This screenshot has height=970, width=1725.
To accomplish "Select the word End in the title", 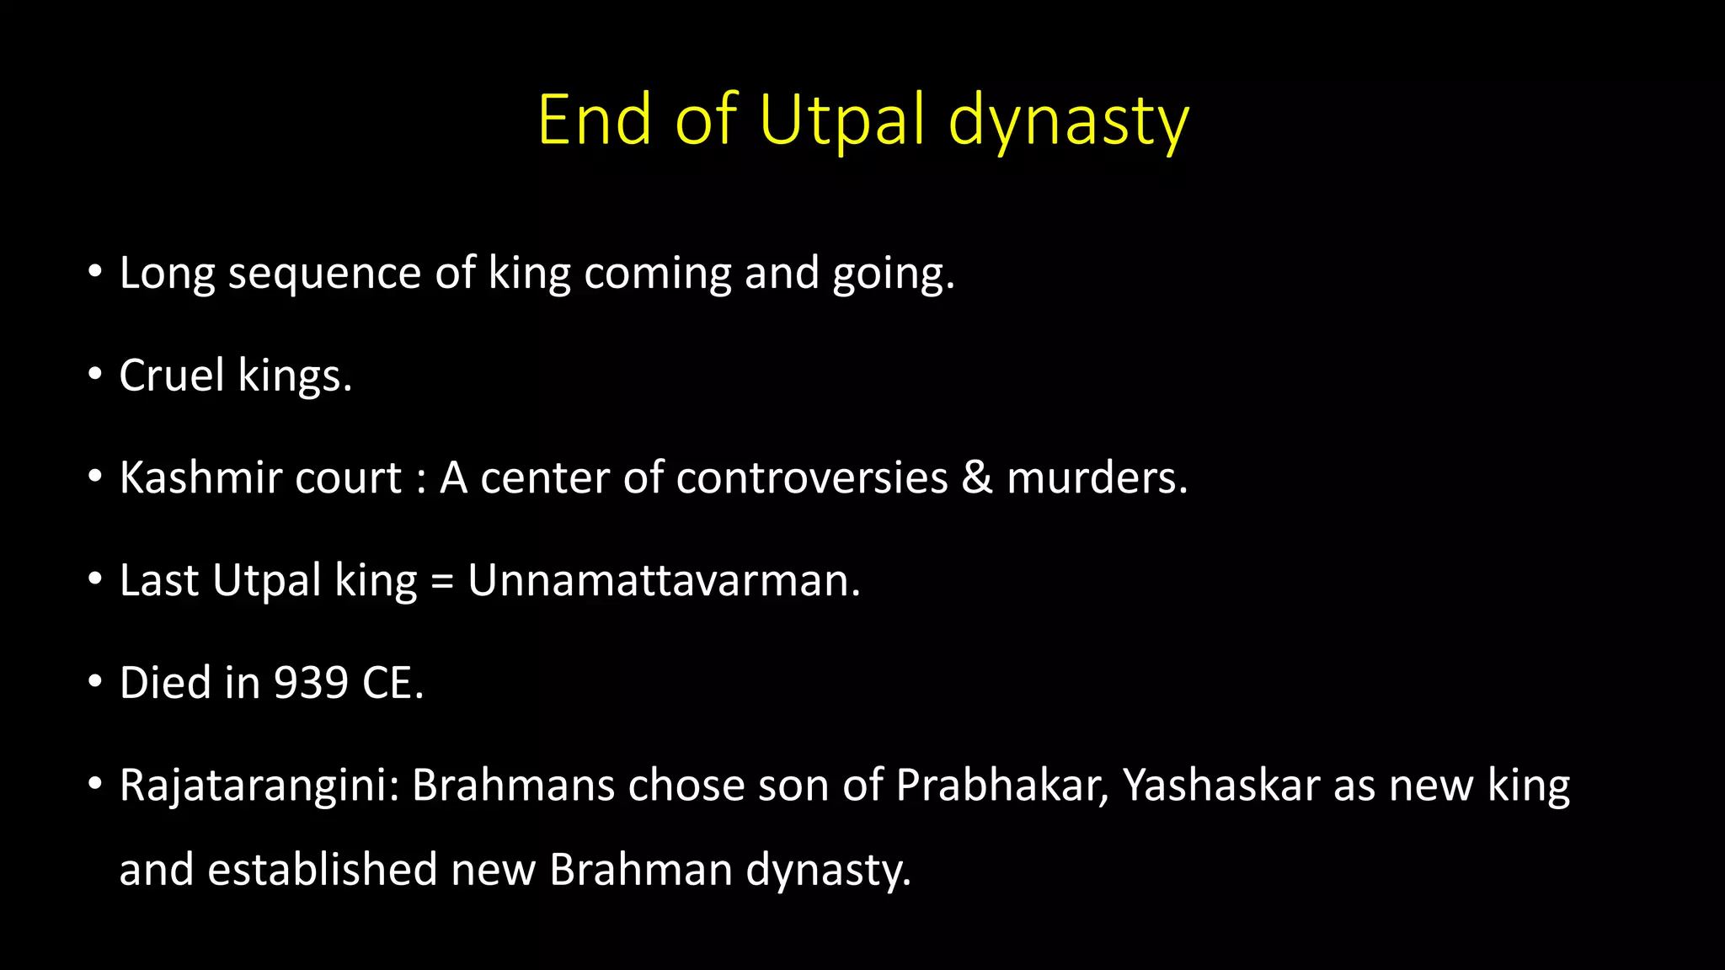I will pyautogui.click(x=595, y=120).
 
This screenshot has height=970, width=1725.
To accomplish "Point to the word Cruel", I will pyautogui.click(x=172, y=376).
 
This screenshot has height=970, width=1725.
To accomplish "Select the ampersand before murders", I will pyautogui.click(x=977, y=478).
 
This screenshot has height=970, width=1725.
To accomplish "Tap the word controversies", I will pyautogui.click(x=812, y=478).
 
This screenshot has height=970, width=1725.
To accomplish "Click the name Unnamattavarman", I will pyautogui.click(x=663, y=581).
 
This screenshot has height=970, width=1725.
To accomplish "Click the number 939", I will pyautogui.click(x=311, y=683).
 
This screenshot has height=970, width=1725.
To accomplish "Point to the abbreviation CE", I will pyautogui.click(x=391, y=683).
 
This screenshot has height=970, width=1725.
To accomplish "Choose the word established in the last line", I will pyautogui.click(x=323, y=870).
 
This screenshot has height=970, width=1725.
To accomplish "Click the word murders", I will pyautogui.click(x=1097, y=478).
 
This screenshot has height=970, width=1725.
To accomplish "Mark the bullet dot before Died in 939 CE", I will pyautogui.click(x=95, y=681).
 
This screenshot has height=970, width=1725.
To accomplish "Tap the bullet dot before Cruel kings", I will pyautogui.click(x=95, y=374).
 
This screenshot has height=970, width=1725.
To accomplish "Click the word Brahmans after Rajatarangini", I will pyautogui.click(x=513, y=786).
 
